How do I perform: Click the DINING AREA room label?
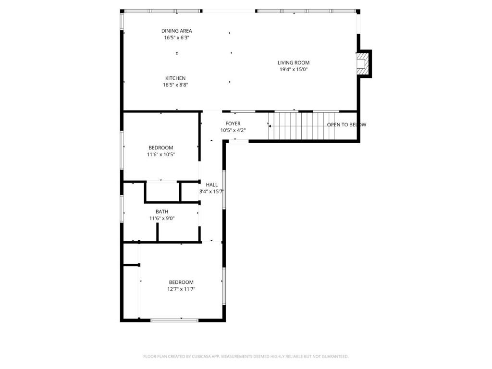pyautogui.click(x=176, y=31)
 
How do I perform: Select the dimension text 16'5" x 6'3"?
pyautogui.click(x=176, y=37)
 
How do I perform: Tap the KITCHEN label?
pyautogui.click(x=175, y=78)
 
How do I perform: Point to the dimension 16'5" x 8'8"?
pyautogui.click(x=175, y=85)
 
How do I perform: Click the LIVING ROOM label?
pyautogui.click(x=294, y=62)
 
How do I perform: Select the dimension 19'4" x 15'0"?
pyautogui.click(x=294, y=69)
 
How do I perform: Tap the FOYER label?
pyautogui.click(x=233, y=123)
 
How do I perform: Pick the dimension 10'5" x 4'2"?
pyautogui.click(x=233, y=130)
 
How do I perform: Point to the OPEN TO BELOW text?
pyautogui.click(x=346, y=125)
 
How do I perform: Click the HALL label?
pyautogui.click(x=212, y=184)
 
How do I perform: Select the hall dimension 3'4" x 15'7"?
pyautogui.click(x=212, y=191)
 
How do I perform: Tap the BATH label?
pyautogui.click(x=162, y=211)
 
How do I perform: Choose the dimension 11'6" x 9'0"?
pyautogui.click(x=162, y=218)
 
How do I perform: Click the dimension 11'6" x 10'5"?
pyautogui.click(x=161, y=155)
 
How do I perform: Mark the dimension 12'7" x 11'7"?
pyautogui.click(x=181, y=289)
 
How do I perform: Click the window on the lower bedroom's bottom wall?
pyautogui.click(x=174, y=320)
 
